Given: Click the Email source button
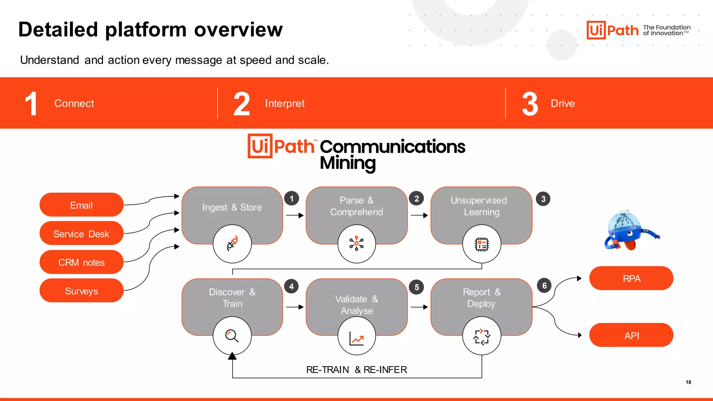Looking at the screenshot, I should pos(81,205).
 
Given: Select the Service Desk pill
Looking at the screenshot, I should pos(81,234).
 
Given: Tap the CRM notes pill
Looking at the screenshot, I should pos(81,262).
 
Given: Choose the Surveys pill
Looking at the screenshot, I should pos(81,291).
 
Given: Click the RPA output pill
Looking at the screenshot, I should pos(631,278).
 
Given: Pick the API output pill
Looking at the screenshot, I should pos(631,336).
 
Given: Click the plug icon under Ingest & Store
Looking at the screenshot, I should pos(232,244).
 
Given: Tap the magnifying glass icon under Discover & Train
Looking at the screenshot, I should pos(232,336).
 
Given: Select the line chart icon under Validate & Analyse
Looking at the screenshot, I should pos(356,338).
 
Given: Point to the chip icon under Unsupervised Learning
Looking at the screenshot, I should pos(482,244).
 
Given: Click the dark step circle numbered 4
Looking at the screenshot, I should pos(291,286).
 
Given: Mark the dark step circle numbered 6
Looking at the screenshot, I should pos(544,286).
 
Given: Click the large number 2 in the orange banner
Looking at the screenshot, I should pos(242,104).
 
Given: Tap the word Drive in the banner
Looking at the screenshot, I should pos(563,103).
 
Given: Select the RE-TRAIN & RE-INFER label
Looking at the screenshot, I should pos(356,370).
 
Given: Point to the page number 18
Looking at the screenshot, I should pos(688,382).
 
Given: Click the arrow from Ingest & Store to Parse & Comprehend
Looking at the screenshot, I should pos(295,215).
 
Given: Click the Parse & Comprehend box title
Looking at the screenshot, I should pos(356,206).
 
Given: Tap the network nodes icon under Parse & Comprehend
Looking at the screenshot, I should pos(356,244).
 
